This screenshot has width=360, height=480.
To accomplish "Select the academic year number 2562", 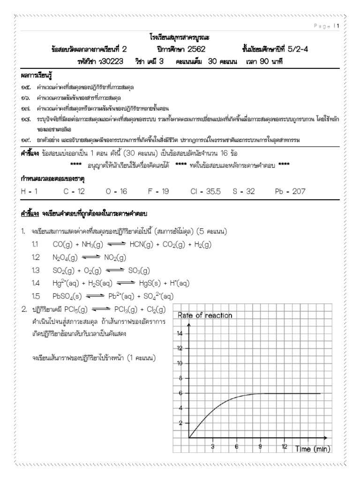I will [x=190, y=49].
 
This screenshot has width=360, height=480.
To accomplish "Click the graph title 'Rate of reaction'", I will [x=204, y=316].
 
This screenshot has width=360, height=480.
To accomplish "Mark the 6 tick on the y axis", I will [x=180, y=393].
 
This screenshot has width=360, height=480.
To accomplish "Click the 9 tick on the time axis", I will [x=260, y=447].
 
